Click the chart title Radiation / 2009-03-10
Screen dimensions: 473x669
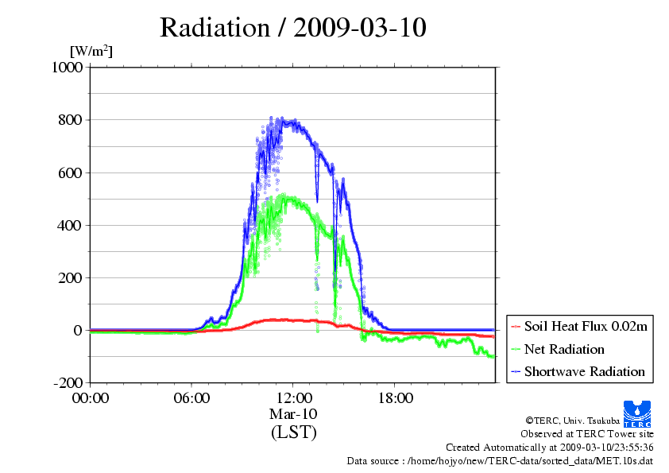coord(293,27)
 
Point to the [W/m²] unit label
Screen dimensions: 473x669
coord(91,52)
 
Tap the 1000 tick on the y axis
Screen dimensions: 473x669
coord(67,68)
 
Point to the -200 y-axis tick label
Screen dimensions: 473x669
coord(68,382)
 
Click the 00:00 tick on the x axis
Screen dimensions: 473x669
coord(91,398)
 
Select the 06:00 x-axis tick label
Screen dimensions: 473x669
coord(191,398)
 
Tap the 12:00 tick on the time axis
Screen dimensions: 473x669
coord(293,398)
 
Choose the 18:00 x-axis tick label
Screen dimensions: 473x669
coord(395,398)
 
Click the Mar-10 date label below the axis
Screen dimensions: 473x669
coord(293,414)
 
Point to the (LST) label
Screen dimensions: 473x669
coord(293,432)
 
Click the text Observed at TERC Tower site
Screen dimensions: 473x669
coord(587,434)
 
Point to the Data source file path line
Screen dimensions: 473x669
coord(500,460)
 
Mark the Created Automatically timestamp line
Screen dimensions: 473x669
coord(549,448)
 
